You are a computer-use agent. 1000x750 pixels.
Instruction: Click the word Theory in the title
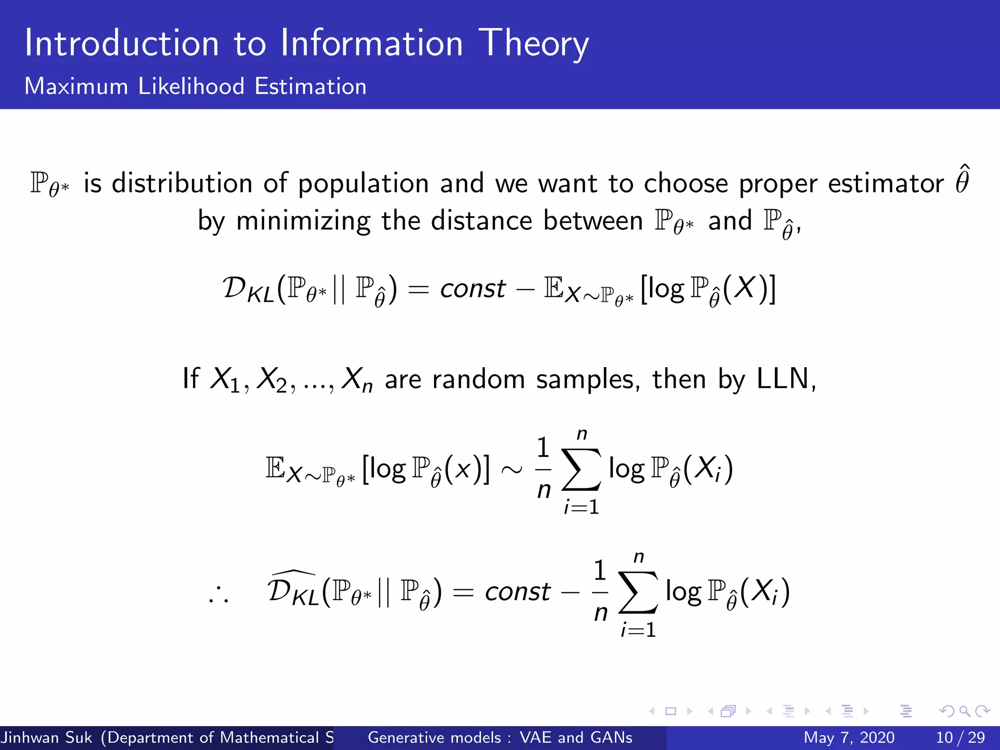click(x=533, y=44)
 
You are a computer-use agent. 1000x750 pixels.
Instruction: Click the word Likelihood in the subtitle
click(x=191, y=86)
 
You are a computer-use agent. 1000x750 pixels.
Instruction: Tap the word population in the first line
click(x=363, y=184)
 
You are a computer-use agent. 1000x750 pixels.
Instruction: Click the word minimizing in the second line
click(x=303, y=221)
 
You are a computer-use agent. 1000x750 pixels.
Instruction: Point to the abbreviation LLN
click(x=782, y=379)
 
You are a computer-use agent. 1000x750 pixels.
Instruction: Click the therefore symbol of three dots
click(x=218, y=596)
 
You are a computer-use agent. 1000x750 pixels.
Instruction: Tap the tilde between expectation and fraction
click(x=511, y=470)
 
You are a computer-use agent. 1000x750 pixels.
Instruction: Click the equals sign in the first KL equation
click(x=418, y=289)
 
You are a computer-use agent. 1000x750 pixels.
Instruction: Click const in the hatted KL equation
click(x=517, y=592)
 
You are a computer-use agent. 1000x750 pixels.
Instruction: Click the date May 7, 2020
click(x=849, y=737)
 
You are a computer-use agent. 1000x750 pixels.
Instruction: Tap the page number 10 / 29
click(x=960, y=737)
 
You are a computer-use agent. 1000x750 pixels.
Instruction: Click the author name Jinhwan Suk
click(x=46, y=737)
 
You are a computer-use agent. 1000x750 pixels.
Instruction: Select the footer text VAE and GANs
click(x=576, y=737)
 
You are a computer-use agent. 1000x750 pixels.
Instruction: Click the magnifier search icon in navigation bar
click(x=964, y=711)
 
